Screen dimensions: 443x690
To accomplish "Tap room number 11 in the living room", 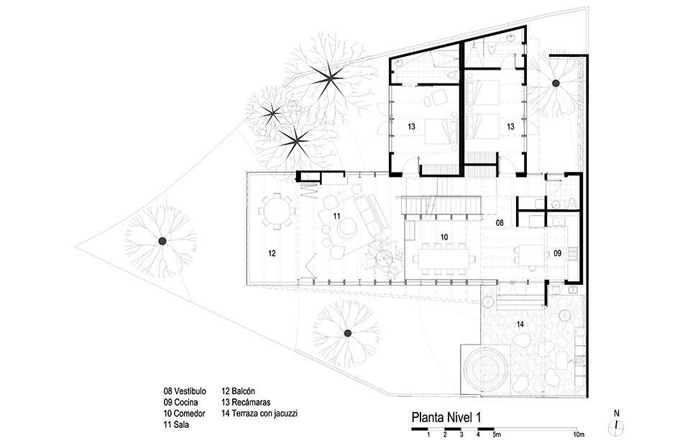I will [336, 215].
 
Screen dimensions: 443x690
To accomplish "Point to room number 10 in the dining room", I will [444, 237].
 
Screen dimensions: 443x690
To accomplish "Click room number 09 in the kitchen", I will [558, 252].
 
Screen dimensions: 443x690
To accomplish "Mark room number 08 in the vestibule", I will [499, 224].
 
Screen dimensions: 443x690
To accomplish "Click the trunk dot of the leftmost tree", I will [162, 241].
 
